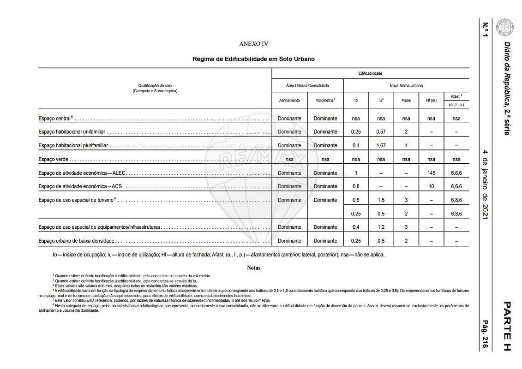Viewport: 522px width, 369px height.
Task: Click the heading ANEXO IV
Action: (253, 44)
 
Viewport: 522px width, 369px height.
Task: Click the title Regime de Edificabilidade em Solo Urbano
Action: (253, 59)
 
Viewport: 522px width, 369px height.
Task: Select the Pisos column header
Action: (406, 100)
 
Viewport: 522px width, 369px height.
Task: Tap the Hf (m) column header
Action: (431, 100)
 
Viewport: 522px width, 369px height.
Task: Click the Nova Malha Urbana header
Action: (406, 85)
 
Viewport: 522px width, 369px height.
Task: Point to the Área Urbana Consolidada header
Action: (307, 85)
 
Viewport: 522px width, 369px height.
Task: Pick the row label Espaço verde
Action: (54, 159)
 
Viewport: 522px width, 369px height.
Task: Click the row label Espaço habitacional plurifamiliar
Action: (73, 145)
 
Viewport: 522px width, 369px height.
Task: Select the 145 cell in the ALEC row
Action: (431, 173)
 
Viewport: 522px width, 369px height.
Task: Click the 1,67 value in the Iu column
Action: (381, 145)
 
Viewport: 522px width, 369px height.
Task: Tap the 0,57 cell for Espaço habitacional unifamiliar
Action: (381, 131)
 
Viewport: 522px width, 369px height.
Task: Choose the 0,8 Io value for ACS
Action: (356, 186)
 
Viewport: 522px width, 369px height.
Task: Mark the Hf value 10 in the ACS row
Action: (431, 186)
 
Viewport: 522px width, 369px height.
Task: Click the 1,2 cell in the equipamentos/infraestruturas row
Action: (381, 227)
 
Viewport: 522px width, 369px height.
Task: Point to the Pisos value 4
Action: (406, 145)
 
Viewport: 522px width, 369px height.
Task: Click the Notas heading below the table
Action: (253, 268)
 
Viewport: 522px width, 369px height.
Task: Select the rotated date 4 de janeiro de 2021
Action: (485, 184)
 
